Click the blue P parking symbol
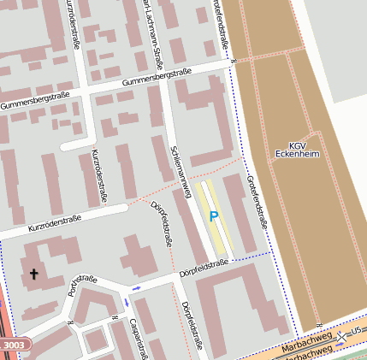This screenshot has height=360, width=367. (214, 217)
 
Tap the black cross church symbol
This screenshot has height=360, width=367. (34, 274)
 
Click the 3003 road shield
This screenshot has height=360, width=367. (15, 344)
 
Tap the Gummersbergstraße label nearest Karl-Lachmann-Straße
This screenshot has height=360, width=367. (156, 78)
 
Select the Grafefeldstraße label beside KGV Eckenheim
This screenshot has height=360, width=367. (256, 201)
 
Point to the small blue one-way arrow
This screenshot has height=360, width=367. (136, 287)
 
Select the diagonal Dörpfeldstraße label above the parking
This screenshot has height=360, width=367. (162, 219)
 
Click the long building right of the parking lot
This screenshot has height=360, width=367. (240, 214)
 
